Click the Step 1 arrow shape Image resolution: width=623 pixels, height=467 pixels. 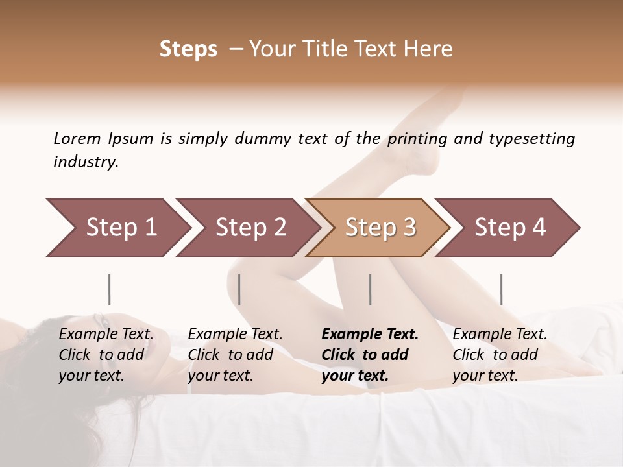click(117, 228)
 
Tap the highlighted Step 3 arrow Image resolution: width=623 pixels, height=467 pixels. click(380, 228)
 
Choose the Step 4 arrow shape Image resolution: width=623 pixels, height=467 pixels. click(509, 228)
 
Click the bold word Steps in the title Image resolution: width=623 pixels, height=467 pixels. click(188, 49)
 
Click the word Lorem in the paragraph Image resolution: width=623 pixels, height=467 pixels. click(77, 138)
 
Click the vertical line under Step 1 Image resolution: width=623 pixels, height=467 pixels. click(109, 289)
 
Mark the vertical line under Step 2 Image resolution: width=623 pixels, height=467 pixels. click(239, 289)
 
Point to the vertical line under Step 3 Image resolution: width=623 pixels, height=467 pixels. click(370, 289)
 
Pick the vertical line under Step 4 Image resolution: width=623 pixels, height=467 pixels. click(501, 289)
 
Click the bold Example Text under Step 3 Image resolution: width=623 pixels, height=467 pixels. click(370, 335)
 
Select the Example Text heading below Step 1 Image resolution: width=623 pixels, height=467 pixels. click(106, 335)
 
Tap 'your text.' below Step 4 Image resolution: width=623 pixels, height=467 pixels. click(485, 376)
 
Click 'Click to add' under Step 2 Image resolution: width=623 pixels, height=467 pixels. click(230, 355)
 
